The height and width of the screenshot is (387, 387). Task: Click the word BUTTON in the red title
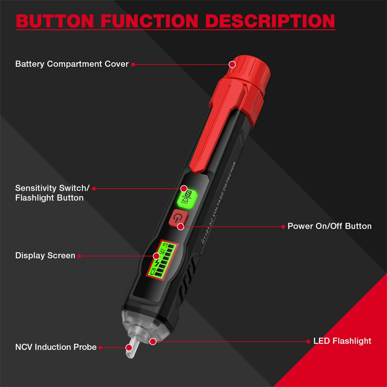[55, 21]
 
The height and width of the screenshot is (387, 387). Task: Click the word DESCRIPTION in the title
[270, 21]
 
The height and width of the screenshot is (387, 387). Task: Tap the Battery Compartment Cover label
[72, 64]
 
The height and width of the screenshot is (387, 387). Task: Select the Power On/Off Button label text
[329, 226]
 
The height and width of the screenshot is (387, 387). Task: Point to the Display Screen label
[45, 256]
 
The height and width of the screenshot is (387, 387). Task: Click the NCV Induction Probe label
[56, 347]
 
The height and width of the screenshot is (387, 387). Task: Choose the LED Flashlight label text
[342, 341]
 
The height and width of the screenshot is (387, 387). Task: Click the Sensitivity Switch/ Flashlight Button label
[52, 193]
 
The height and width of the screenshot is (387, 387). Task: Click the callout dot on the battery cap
[232, 65]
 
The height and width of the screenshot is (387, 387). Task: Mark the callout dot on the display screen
[156, 256]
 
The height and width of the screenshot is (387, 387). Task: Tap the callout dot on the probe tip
[129, 347]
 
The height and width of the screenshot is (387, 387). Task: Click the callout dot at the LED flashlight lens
[153, 341]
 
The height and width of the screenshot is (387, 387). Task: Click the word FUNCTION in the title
[149, 21]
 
